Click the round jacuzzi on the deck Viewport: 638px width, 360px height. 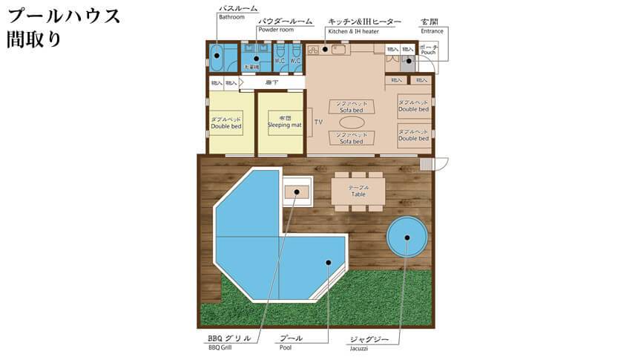tap(407, 238)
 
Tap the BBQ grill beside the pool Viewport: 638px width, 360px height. tap(297, 192)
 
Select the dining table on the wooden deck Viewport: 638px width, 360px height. tap(358, 191)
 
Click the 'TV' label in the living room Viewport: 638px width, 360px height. tap(318, 121)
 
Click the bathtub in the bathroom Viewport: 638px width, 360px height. tap(217, 56)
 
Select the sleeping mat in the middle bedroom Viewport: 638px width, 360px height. tap(280, 122)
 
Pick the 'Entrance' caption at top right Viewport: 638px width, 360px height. tap(432, 31)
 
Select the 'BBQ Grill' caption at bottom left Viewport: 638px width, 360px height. tap(221, 347)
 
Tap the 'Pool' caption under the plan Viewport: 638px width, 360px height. tap(286, 347)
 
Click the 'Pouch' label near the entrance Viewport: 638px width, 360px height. tap(428, 53)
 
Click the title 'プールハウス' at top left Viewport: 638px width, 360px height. tap(62, 16)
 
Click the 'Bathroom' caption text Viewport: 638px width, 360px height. tap(231, 17)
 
